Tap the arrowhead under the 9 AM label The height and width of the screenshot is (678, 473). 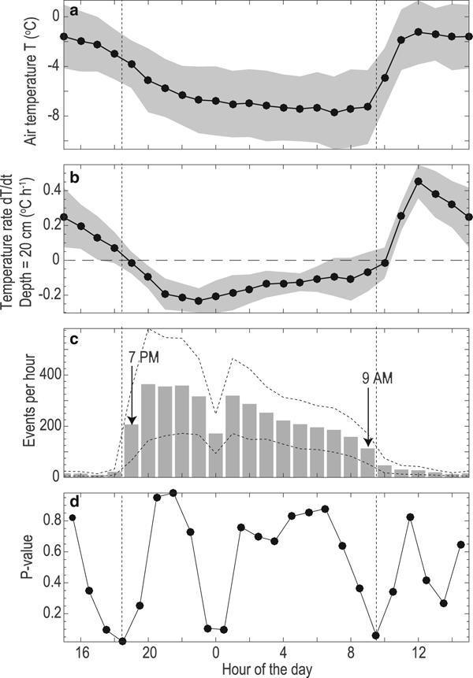[368, 444]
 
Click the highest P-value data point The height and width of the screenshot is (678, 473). [173, 493]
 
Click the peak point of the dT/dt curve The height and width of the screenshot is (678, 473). [419, 182]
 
